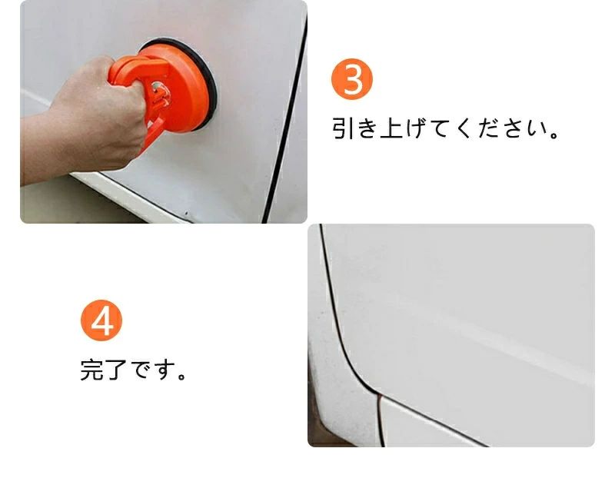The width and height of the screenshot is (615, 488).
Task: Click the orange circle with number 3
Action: coord(352,79)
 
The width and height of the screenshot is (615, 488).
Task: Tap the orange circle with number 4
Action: coord(101,320)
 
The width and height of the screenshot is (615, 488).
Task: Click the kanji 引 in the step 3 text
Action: coord(344,128)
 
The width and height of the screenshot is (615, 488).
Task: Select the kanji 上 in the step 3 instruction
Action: coord(392,128)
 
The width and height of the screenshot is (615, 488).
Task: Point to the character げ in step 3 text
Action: coord(417,128)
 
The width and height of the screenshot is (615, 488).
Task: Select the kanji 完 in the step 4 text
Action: coord(93,369)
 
